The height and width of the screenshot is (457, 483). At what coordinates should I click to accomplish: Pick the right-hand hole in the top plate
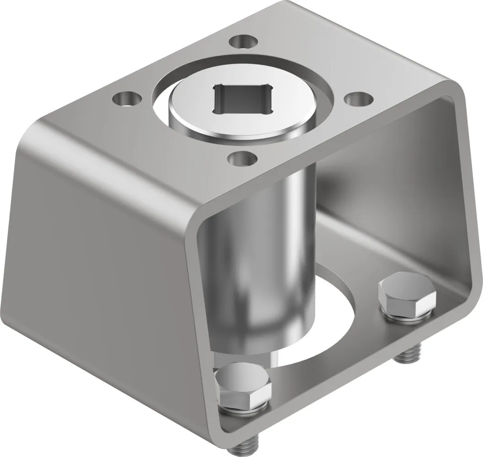click(x=358, y=99)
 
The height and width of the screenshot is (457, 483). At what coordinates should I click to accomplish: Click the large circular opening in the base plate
click(x=329, y=329)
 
